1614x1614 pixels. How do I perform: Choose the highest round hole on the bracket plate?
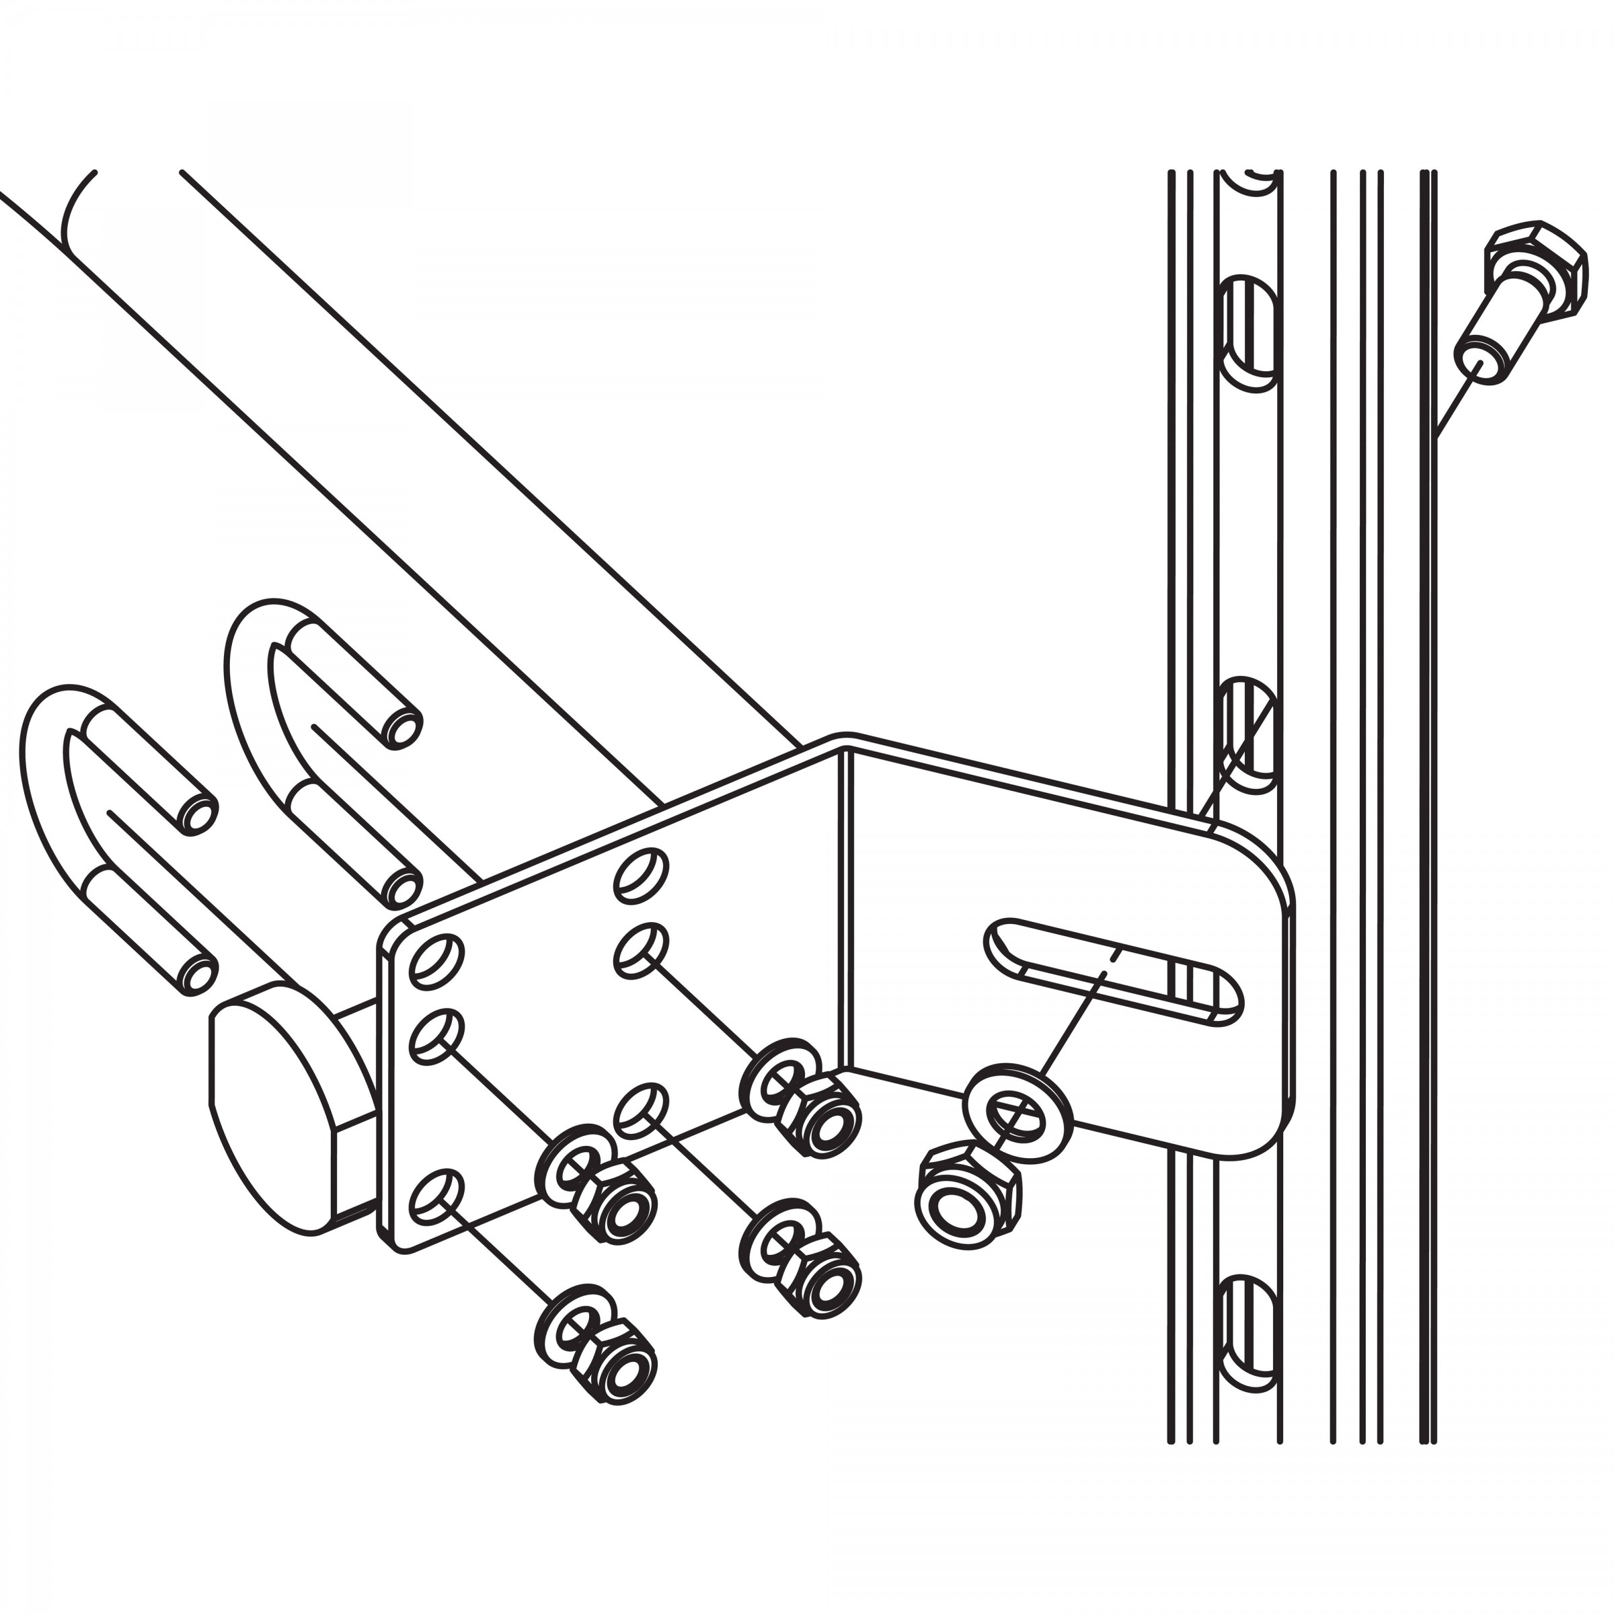tap(642, 875)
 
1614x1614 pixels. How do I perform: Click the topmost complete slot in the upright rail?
tap(1251, 332)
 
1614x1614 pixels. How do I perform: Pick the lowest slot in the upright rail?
tap(1251, 1337)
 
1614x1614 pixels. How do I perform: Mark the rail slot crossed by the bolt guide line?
tap(1251, 735)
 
